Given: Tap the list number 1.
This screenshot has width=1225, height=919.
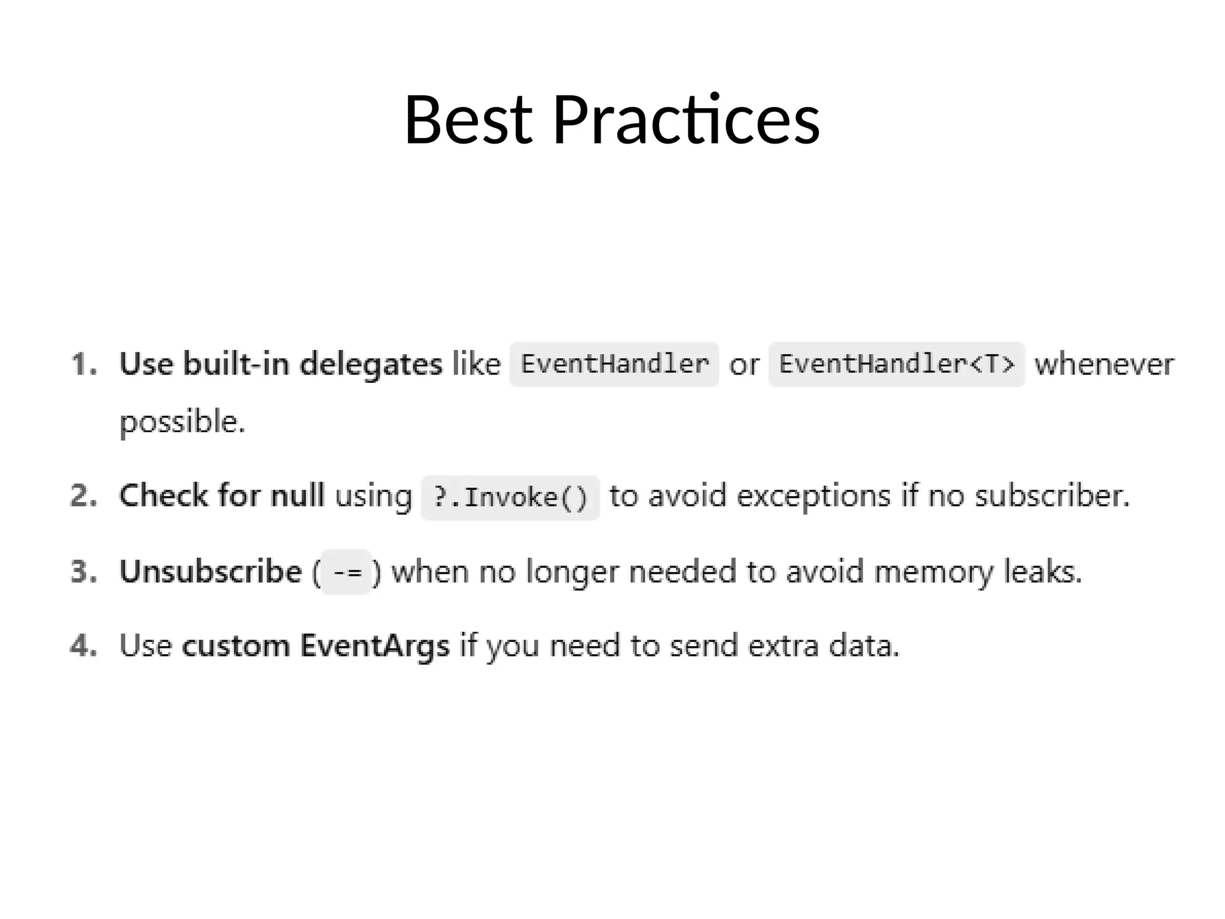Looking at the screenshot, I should point(83,364).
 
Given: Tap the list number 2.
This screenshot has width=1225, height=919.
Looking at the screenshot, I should point(83,496).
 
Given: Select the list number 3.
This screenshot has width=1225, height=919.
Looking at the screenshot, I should point(83,571).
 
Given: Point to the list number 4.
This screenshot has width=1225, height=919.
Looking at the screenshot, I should point(83,646).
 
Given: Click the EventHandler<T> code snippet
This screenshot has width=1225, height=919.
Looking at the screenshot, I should point(896,364).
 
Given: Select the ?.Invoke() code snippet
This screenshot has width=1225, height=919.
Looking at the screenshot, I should point(510,498).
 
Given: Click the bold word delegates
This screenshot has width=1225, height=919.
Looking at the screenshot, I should point(371,364).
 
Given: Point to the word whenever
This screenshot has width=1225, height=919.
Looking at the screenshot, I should point(1104,364).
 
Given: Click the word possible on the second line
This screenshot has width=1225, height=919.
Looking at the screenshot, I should point(182,422).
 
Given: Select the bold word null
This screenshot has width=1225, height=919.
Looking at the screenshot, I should point(297,496).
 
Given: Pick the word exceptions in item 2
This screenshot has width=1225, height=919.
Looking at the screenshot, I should point(813,497).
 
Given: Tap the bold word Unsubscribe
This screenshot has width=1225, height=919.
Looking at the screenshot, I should point(211,571).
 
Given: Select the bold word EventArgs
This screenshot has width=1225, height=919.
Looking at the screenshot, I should point(374,646).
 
